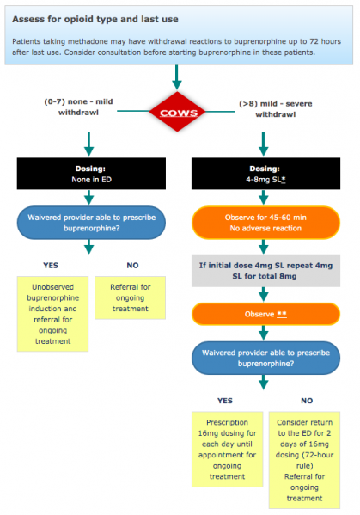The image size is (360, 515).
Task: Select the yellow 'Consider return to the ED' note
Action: point(307,458)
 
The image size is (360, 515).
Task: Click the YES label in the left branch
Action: point(52,265)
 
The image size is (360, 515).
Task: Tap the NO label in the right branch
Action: point(307,400)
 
